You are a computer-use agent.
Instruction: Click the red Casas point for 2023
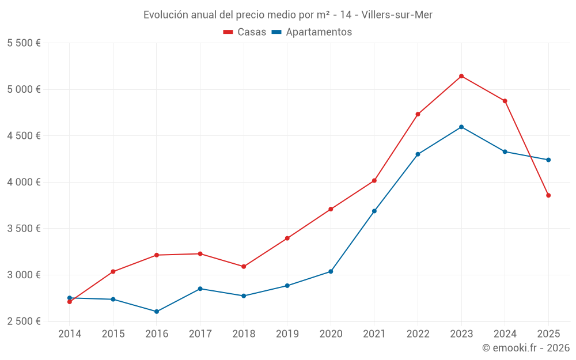tap(461, 76)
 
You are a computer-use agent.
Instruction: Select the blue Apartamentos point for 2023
tap(461, 127)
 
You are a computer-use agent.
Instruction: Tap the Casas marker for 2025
tap(548, 195)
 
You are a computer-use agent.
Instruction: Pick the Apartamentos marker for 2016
tap(157, 312)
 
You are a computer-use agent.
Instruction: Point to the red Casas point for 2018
tap(244, 267)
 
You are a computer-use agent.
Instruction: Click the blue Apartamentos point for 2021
tap(374, 211)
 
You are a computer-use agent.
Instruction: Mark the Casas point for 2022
tap(418, 114)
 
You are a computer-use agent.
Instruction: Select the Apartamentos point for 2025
tap(548, 160)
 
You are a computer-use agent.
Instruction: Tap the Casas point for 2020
tap(331, 209)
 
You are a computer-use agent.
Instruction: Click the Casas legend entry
tap(245, 32)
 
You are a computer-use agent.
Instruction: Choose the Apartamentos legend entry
tap(312, 32)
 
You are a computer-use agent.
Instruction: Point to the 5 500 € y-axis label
tap(24, 43)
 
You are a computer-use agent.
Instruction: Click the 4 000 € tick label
tap(24, 182)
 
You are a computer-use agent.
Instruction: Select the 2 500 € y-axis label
tap(24, 321)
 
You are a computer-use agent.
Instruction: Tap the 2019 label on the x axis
tap(287, 334)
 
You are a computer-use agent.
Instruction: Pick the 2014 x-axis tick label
tap(70, 334)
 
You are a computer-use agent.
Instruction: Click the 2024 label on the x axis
tap(505, 334)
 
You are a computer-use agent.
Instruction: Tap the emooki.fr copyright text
tap(526, 348)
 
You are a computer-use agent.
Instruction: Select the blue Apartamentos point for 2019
tap(287, 286)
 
